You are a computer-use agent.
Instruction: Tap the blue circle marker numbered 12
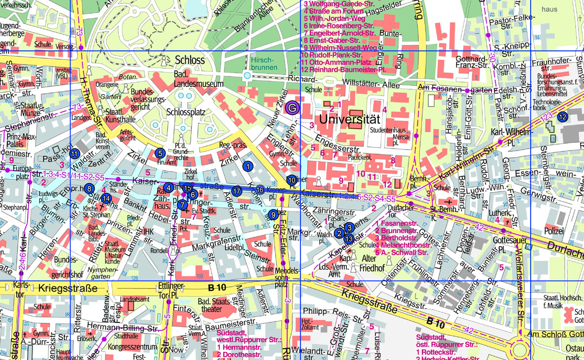pos(563,117)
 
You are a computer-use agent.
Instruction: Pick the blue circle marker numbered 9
pos(273,214)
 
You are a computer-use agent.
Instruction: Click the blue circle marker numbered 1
pos(248,166)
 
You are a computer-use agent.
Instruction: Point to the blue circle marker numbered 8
pos(89,188)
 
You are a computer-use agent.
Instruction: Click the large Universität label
pos(349,119)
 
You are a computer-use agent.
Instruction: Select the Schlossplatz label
pos(186,112)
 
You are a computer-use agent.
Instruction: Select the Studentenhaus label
pos(388,130)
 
